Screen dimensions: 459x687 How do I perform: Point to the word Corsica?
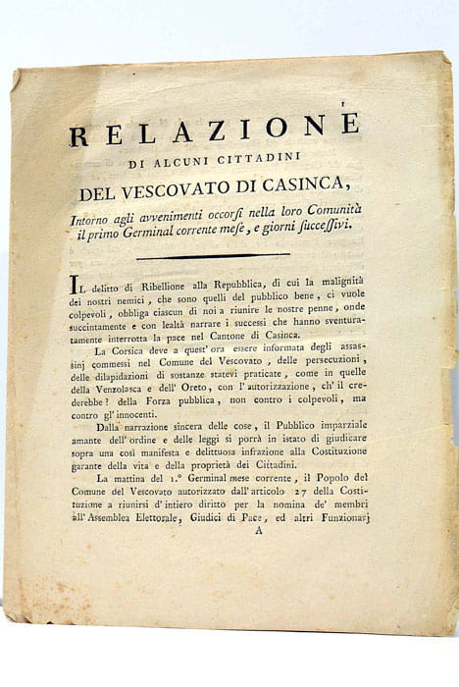(x=132, y=352)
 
